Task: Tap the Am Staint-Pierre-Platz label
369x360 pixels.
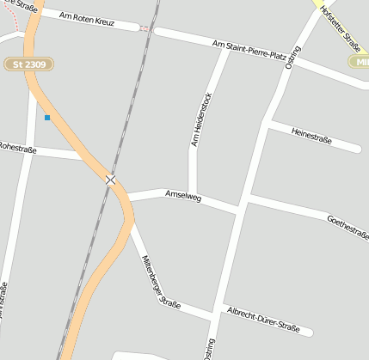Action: [249, 49]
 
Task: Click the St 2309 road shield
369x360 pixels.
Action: [29, 64]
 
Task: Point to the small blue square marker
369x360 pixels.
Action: [47, 118]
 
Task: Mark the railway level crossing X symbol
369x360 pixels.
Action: [110, 180]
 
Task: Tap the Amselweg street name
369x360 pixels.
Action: [182, 197]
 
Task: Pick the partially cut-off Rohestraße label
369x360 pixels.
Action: [15, 147]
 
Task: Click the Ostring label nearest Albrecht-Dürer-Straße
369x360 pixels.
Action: [209, 347]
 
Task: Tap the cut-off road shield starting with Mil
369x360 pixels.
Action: [359, 61]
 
